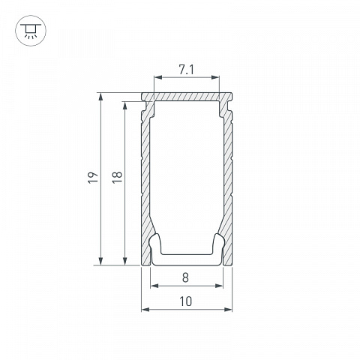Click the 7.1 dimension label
point(186,70)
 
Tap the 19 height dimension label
point(93,178)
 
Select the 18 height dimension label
point(117,178)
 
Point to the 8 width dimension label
point(185,277)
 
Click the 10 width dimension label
point(186,301)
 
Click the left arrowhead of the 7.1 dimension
point(158,77)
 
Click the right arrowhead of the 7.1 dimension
point(215,77)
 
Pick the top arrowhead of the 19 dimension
point(100,97)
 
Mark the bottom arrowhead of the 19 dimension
point(100,261)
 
